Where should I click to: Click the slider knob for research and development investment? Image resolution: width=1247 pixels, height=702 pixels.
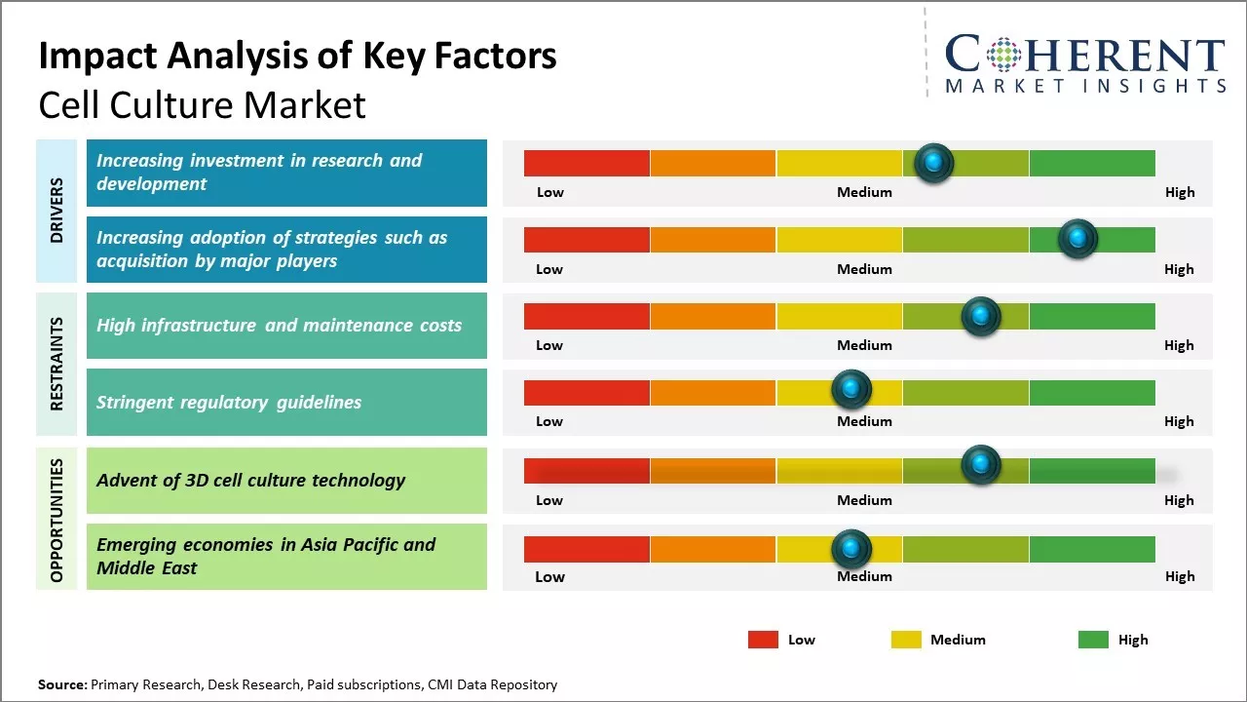pyautogui.click(x=934, y=163)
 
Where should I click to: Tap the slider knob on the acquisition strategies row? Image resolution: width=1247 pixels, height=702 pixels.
pyautogui.click(x=1077, y=239)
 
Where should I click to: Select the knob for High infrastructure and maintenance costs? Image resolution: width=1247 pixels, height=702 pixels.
pyautogui.click(x=981, y=316)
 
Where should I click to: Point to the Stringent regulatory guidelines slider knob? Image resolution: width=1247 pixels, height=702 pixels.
pyautogui.click(x=851, y=390)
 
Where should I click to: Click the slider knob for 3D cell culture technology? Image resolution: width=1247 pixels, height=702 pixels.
pyautogui.click(x=981, y=465)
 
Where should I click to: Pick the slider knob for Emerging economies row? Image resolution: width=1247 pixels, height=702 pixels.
pyautogui.click(x=851, y=549)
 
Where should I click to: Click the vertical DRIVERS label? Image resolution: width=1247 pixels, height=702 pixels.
pyautogui.click(x=57, y=211)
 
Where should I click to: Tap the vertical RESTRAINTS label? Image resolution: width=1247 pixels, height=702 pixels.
pyautogui.click(x=57, y=364)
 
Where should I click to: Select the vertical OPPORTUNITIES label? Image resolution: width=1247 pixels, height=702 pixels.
pyautogui.click(x=57, y=520)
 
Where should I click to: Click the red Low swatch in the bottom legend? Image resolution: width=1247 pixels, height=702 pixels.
pyautogui.click(x=763, y=640)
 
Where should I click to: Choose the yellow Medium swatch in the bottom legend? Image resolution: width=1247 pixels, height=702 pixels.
pyautogui.click(x=906, y=640)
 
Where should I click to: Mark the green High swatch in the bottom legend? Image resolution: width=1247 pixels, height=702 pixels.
pyautogui.click(x=1093, y=640)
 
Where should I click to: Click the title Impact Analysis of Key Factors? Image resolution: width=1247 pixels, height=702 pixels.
pyautogui.click(x=297, y=57)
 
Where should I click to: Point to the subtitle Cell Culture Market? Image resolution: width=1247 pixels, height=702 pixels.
pyautogui.click(x=202, y=105)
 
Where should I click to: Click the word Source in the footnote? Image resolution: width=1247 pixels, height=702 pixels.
pyautogui.click(x=61, y=684)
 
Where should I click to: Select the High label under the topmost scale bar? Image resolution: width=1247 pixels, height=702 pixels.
pyautogui.click(x=1179, y=192)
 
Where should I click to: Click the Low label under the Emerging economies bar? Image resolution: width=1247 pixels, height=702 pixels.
pyautogui.click(x=549, y=576)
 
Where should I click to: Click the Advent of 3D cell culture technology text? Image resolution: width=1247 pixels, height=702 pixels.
pyautogui.click(x=250, y=480)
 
